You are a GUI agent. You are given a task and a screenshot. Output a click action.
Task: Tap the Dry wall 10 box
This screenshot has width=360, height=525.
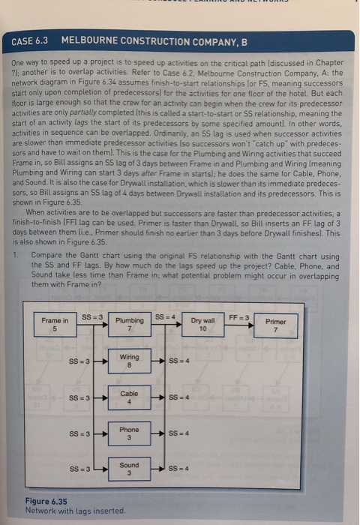click(x=202, y=325)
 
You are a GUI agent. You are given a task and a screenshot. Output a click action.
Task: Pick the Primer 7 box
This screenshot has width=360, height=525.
click(x=275, y=325)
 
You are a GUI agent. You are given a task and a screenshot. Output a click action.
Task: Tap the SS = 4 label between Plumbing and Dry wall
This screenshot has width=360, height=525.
click(x=163, y=316)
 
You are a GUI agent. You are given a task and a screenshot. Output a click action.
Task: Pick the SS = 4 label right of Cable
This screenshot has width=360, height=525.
click(x=179, y=397)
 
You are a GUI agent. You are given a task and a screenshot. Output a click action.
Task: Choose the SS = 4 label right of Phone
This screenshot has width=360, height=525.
click(x=179, y=433)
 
